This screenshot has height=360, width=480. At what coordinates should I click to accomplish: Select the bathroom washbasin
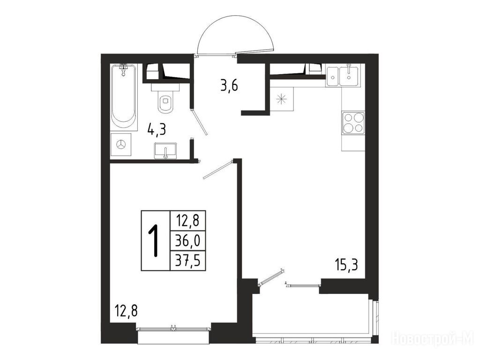click(165, 151)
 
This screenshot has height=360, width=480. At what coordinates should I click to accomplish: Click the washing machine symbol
click(121, 145)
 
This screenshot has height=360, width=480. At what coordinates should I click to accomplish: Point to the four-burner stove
click(353, 123)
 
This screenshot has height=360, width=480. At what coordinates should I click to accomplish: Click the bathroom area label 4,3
click(157, 130)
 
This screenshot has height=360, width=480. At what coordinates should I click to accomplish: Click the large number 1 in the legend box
click(155, 240)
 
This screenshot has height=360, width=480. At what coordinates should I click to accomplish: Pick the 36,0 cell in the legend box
click(187, 240)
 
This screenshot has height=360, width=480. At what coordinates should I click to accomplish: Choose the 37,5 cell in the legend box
click(187, 261)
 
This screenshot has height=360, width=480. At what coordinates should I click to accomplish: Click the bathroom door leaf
click(199, 122)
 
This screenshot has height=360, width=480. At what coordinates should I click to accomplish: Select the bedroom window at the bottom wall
click(173, 329)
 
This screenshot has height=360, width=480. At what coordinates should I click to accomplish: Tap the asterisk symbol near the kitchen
click(281, 99)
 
